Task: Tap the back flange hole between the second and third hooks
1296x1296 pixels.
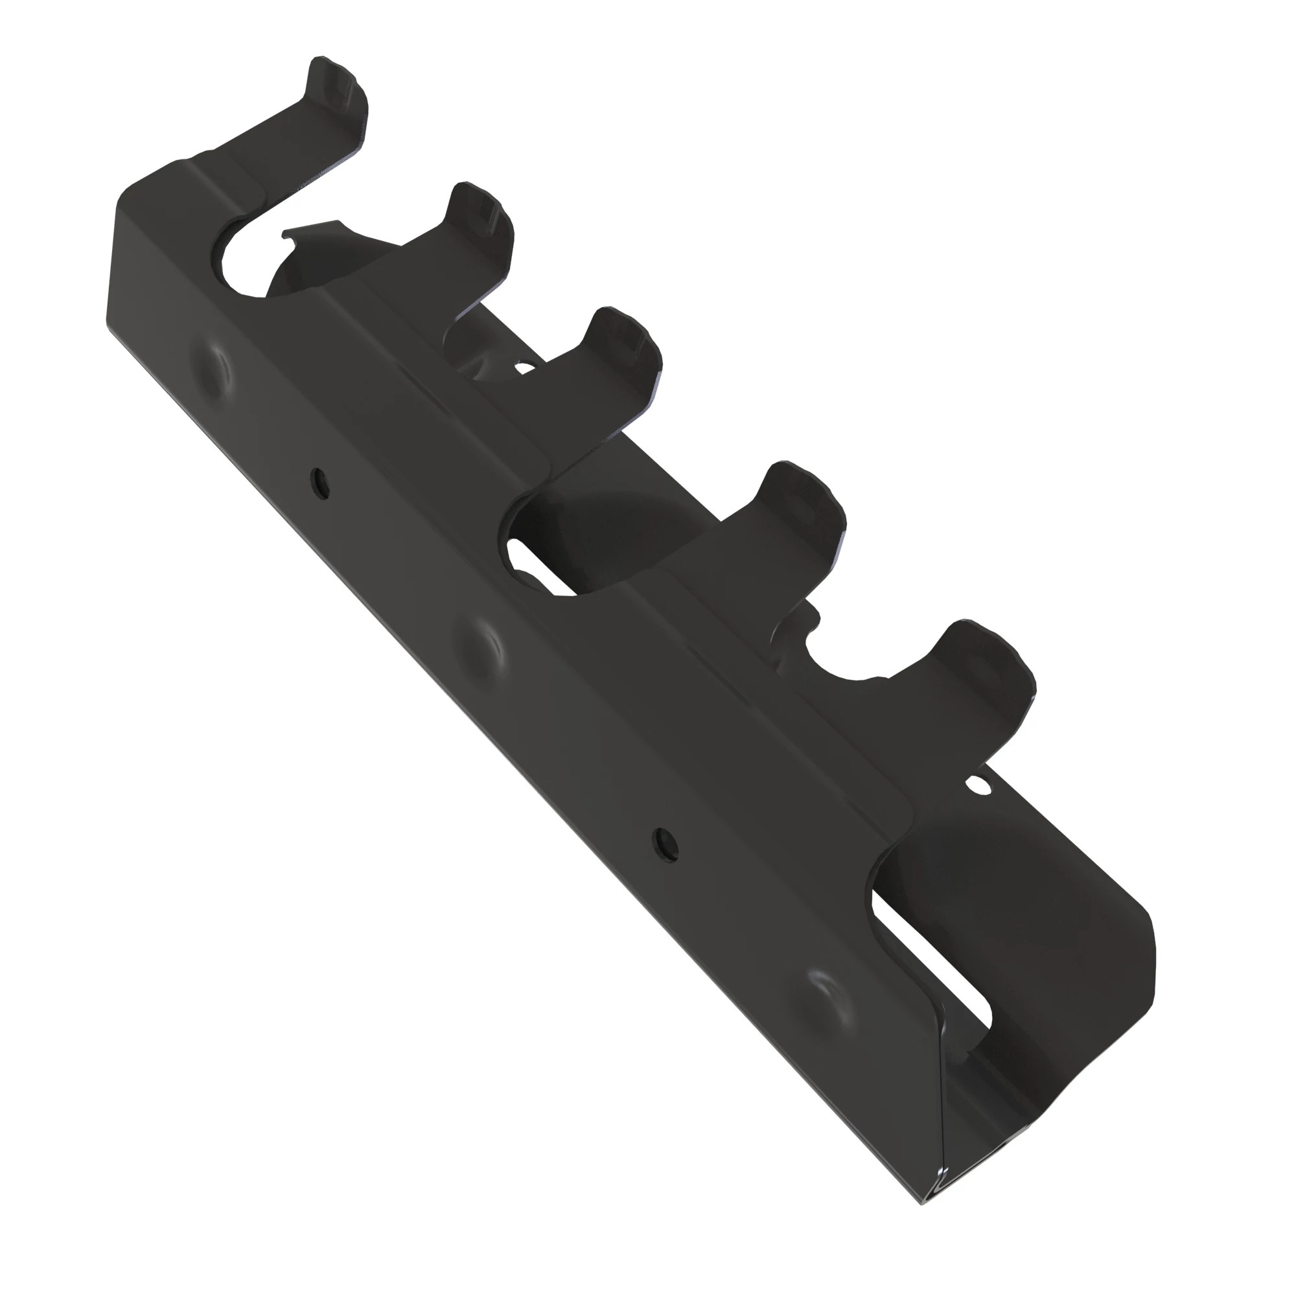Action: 525,366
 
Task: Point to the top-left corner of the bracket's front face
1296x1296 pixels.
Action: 124,194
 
